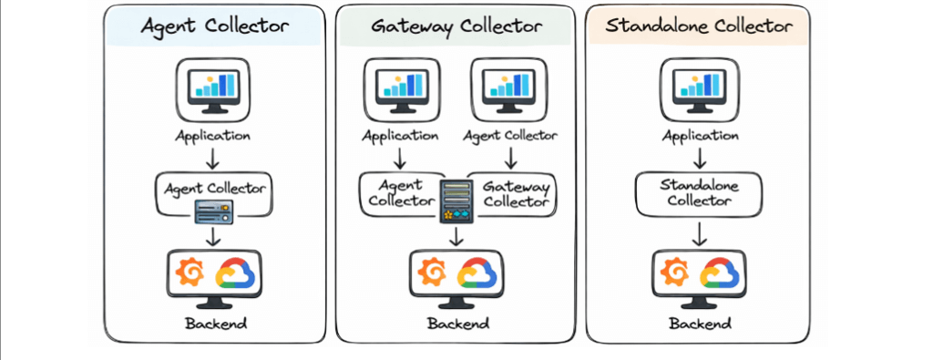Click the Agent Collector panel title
(x=214, y=26)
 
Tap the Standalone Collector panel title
(x=697, y=26)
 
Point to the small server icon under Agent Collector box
(x=214, y=213)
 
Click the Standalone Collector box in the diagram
(x=697, y=193)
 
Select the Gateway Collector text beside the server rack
(x=517, y=193)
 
